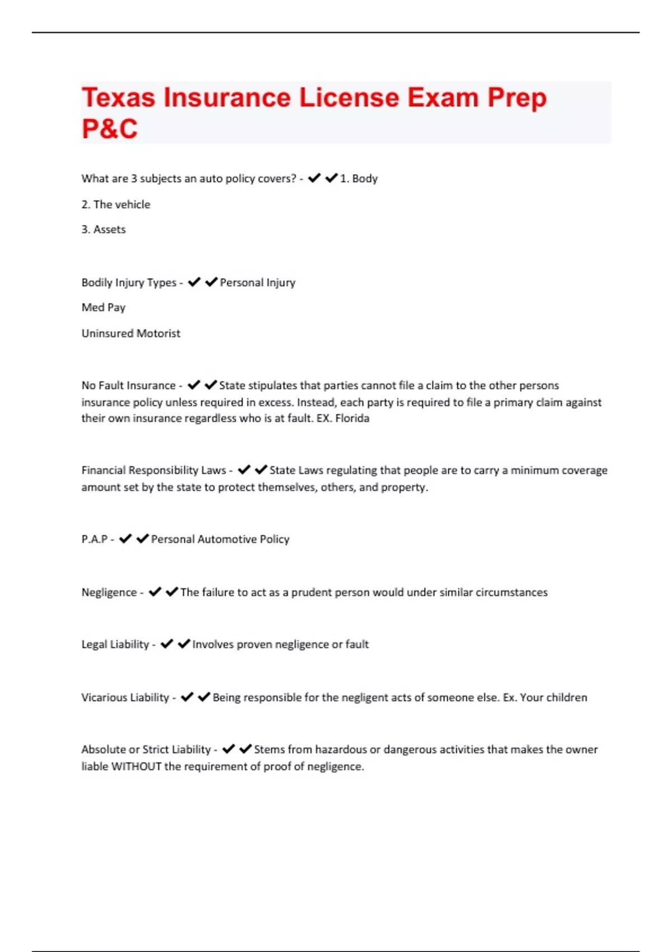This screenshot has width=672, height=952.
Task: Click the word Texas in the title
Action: pyautogui.click(x=118, y=98)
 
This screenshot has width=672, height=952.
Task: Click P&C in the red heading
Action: pyautogui.click(x=110, y=129)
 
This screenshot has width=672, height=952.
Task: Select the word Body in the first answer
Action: pyautogui.click(x=365, y=179)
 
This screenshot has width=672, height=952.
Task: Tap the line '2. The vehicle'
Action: pyautogui.click(x=116, y=204)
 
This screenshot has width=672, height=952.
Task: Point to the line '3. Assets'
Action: pyautogui.click(x=104, y=230)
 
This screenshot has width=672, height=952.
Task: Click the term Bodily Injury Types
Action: pyautogui.click(x=129, y=283)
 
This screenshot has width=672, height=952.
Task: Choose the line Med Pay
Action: pyautogui.click(x=104, y=307)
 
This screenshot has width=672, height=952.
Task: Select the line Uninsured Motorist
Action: pyautogui.click(x=131, y=334)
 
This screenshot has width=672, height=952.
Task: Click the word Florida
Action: pyautogui.click(x=352, y=418)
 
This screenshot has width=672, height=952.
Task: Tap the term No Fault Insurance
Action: pyautogui.click(x=128, y=386)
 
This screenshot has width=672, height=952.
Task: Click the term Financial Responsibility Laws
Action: pyautogui.click(x=153, y=470)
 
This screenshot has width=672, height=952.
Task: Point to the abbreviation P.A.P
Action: pyautogui.click(x=94, y=539)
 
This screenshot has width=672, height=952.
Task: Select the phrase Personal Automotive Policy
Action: pyautogui.click(x=220, y=539)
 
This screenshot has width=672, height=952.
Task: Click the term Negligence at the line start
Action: pyautogui.click(x=109, y=592)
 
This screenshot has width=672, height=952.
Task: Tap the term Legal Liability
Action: pyautogui.click(x=115, y=645)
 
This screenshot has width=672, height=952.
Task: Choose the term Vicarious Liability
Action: pyautogui.click(x=125, y=698)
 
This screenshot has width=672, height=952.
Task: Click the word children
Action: pyautogui.click(x=566, y=698)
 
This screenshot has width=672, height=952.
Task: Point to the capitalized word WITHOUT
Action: pyautogui.click(x=137, y=767)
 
